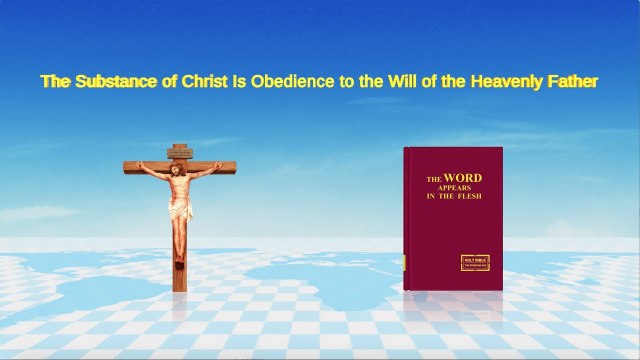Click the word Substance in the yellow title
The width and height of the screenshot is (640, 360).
tap(113, 82)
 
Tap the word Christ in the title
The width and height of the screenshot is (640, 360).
tap(198, 82)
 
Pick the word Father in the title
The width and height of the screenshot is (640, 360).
tap(570, 82)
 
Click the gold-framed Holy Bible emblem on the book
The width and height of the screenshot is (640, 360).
tap(473, 261)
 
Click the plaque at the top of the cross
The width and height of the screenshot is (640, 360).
tap(180, 151)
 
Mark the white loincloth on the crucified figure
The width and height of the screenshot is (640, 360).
tap(181, 211)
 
